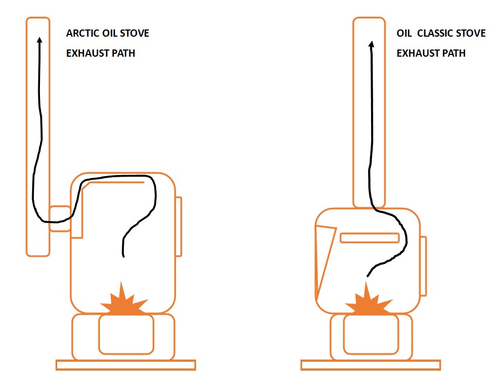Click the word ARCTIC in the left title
(81, 33)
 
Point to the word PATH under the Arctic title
(122, 53)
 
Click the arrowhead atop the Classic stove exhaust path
(371, 43)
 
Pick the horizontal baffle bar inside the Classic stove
(369, 238)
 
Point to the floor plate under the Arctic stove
(126, 365)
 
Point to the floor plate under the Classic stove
(370, 365)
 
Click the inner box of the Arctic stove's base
(126, 335)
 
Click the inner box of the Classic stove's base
(370, 335)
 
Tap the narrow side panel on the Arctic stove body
(178, 227)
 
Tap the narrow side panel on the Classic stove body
(423, 266)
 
